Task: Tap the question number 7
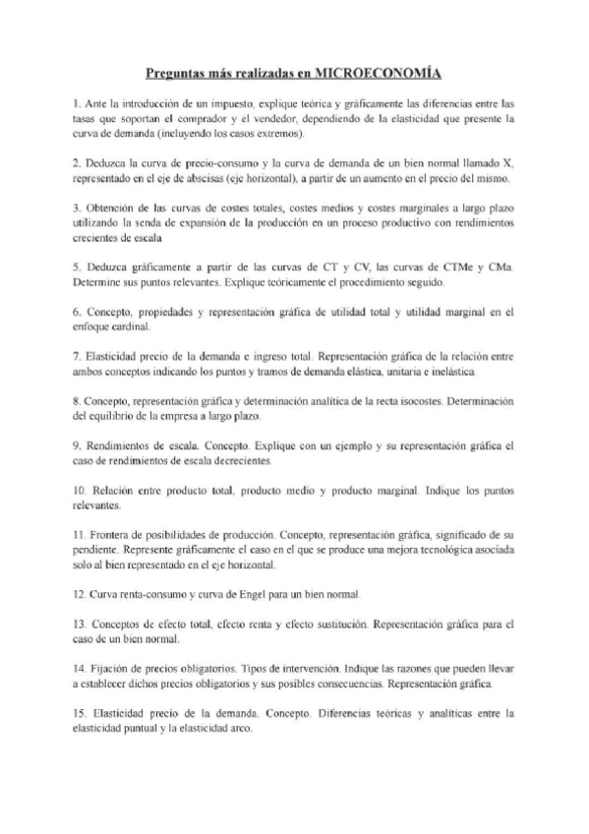[x=77, y=357]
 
